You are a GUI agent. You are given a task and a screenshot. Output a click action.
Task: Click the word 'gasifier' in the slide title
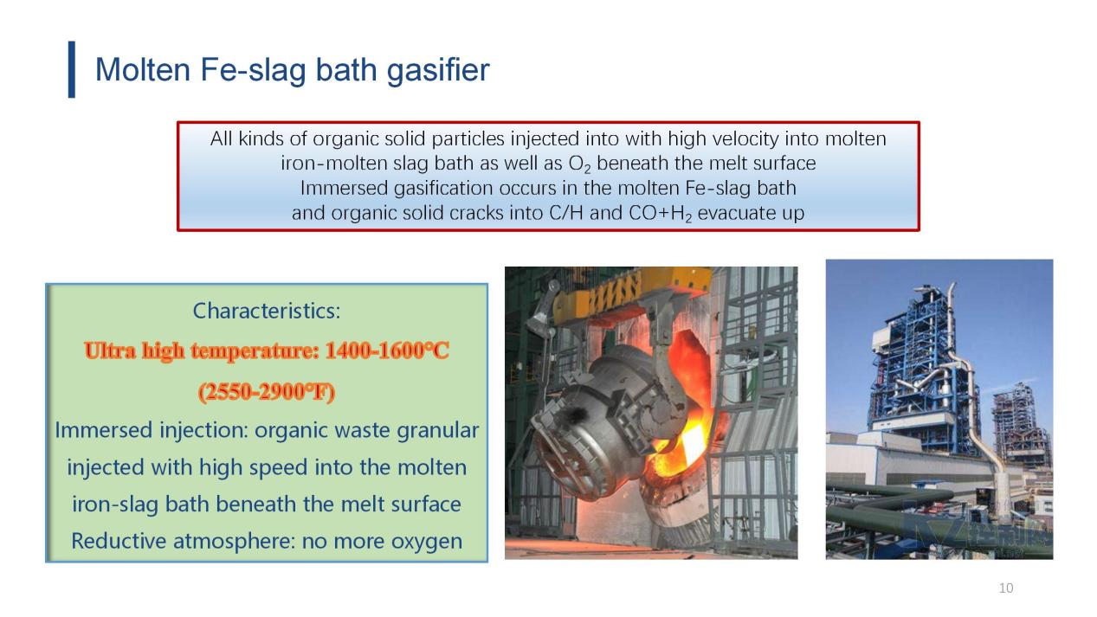(438, 70)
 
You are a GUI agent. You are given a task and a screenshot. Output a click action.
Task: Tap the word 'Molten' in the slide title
(143, 69)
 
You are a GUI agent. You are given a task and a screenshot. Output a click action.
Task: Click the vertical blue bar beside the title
(72, 69)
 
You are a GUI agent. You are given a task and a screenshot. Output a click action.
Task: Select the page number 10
(1006, 588)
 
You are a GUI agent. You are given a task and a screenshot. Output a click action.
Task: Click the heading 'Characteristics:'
(267, 311)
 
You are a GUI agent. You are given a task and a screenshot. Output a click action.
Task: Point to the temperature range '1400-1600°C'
(387, 350)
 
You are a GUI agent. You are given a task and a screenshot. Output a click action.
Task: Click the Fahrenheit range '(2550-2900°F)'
(267, 391)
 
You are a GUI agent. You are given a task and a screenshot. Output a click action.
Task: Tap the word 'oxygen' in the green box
(427, 542)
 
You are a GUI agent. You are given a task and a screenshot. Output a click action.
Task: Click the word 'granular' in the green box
(438, 431)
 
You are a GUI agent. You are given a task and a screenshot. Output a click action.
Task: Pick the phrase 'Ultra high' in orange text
(134, 350)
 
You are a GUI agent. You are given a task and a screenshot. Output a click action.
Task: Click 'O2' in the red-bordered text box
(579, 164)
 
